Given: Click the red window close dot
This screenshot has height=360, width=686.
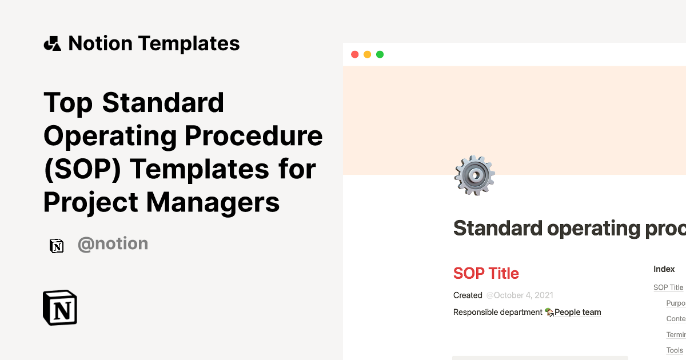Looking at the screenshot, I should point(354,55).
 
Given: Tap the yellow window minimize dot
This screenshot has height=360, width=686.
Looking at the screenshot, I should point(367,55).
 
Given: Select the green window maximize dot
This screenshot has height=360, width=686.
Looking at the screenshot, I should point(380,55).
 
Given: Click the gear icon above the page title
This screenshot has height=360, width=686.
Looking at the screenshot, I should point(474,175).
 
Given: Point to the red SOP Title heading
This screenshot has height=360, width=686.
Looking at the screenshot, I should point(486,273).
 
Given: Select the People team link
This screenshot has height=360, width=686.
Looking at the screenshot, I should point(577,312).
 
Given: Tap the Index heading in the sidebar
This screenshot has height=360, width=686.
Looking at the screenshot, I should point(664,269).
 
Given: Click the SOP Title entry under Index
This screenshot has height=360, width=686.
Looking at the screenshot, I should point(668,287).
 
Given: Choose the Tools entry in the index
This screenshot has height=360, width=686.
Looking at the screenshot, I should point(675,350).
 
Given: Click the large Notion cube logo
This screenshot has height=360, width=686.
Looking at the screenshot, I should point(60,307).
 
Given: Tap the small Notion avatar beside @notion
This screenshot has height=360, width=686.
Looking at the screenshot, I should point(57,246).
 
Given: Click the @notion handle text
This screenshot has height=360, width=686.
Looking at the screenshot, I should point(113,244).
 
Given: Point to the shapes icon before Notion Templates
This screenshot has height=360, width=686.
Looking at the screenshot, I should point(52,44).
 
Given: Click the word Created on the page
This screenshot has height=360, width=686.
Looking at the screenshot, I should point(468,295).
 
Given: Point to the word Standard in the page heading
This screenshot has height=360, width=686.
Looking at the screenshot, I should point(498,229).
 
